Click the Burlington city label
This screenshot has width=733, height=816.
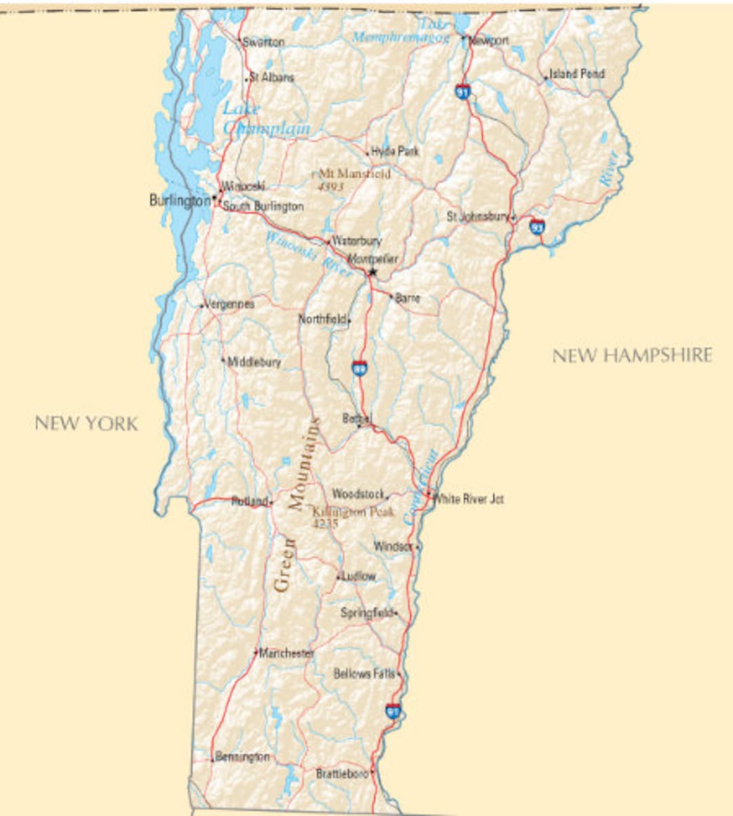pyautogui.click(x=180, y=201)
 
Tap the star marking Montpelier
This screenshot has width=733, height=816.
pyautogui.click(x=372, y=272)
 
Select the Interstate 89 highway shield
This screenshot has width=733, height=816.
pyautogui.click(x=360, y=368)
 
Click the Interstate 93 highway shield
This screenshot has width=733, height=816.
pyautogui.click(x=537, y=227)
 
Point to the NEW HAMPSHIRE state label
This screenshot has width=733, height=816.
pyautogui.click(x=632, y=355)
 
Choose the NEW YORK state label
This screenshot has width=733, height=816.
pyautogui.click(x=86, y=423)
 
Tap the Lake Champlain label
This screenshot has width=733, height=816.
pyautogui.click(x=266, y=119)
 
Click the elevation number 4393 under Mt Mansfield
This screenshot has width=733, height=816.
pyautogui.click(x=331, y=186)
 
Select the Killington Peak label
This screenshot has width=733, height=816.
pyautogui.click(x=353, y=512)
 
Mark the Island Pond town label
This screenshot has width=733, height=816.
pyautogui.click(x=576, y=73)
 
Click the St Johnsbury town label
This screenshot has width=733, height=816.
pyautogui.click(x=478, y=216)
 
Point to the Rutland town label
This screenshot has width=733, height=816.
pyautogui.click(x=249, y=501)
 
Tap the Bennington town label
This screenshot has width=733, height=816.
pyautogui.click(x=242, y=756)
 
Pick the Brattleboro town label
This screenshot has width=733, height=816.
pyautogui.click(x=342, y=773)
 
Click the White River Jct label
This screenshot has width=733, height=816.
pyautogui.click(x=469, y=499)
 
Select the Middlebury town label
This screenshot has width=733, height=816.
pyautogui.click(x=254, y=362)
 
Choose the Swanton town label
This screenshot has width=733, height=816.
pyautogui.click(x=263, y=42)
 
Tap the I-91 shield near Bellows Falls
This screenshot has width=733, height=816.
pyautogui.click(x=393, y=712)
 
